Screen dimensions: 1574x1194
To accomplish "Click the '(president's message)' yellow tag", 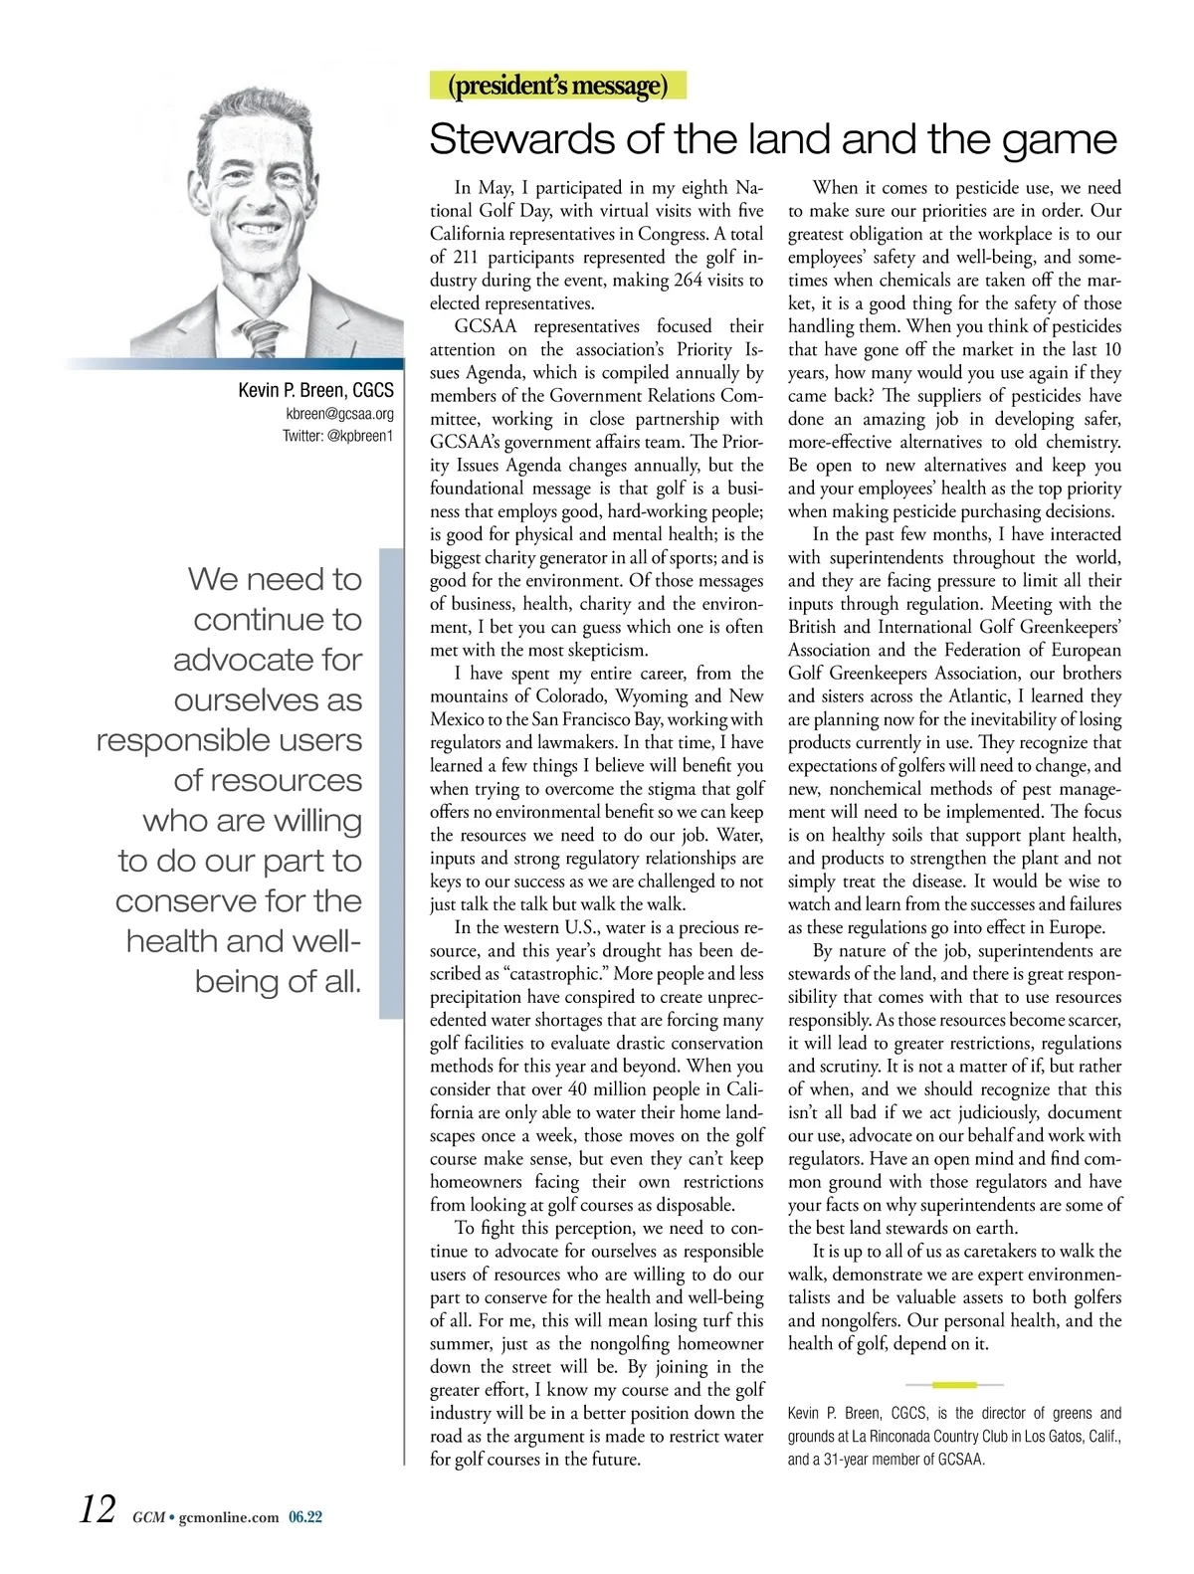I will tap(557, 86).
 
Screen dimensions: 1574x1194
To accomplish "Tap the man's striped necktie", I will tap(261, 335).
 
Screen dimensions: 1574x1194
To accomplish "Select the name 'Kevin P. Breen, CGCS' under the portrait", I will tap(315, 390).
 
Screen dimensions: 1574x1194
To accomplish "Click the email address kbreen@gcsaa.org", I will tap(339, 414).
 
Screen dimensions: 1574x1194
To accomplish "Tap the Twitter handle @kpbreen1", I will tap(337, 436).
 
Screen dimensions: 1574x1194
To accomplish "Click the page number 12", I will tap(99, 1509).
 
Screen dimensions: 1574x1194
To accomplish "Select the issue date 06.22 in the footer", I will tap(305, 1517).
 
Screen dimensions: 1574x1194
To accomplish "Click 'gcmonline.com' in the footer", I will tap(228, 1517).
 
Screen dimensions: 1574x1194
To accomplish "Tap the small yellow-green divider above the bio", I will tap(954, 1384).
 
